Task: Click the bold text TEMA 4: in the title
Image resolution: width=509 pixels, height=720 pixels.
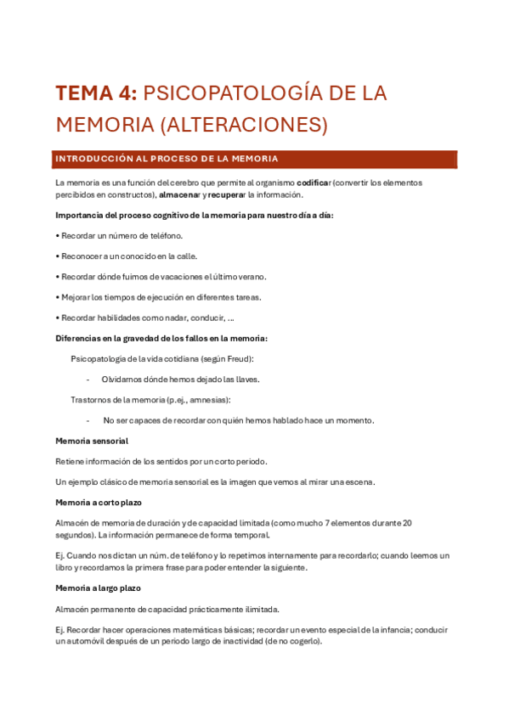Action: (x=95, y=93)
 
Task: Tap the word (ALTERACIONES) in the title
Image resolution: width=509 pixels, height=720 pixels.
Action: (x=243, y=125)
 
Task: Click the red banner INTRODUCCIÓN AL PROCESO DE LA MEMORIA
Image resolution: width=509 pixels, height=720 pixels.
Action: (x=167, y=159)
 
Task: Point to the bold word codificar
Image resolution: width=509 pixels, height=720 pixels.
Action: (x=314, y=183)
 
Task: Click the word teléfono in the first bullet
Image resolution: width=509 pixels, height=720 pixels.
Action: (x=164, y=235)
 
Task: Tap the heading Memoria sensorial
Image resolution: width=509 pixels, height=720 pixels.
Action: (x=92, y=441)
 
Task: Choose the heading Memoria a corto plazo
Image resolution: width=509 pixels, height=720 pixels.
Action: (x=99, y=502)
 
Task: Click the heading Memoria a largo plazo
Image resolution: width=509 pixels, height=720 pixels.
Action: (x=98, y=588)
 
